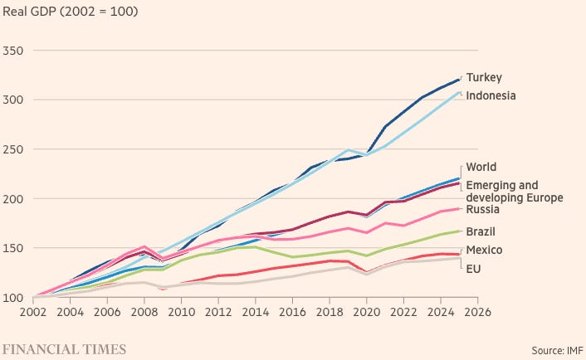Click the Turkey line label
484,77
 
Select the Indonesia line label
491,95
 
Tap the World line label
481,168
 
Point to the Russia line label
483,210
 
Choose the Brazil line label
481,232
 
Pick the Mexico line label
484,250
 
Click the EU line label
473,269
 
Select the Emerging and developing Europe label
514,192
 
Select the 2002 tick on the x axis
35,313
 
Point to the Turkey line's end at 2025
459,80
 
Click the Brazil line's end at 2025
459,231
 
